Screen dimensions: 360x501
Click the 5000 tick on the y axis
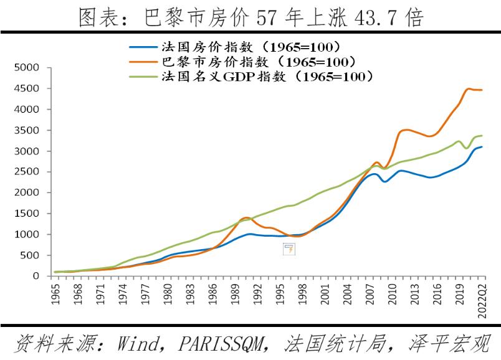coord(29,67)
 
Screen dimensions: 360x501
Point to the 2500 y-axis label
coord(29,172)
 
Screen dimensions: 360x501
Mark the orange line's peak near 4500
coord(469,88)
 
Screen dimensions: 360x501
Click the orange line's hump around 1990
coord(247,217)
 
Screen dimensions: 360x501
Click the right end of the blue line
coord(482,147)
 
